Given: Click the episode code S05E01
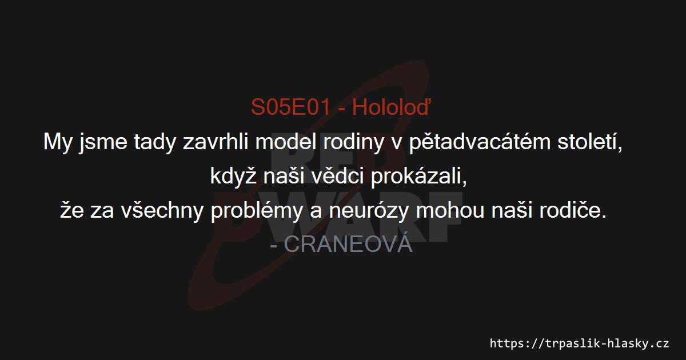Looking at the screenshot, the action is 290,107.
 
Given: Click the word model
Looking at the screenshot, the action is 285,142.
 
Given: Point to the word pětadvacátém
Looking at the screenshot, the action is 480,142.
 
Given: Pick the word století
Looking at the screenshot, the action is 589,142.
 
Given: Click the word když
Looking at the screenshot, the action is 233,177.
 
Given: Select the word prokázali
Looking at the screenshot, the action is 418,177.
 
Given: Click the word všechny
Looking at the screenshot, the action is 162,210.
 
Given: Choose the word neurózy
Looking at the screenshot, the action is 368,210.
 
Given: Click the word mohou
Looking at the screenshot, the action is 449,210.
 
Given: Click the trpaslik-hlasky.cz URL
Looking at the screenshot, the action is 579,343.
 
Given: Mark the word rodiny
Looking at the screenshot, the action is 353,142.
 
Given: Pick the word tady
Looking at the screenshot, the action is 155,142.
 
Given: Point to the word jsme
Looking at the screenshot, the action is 103,142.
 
